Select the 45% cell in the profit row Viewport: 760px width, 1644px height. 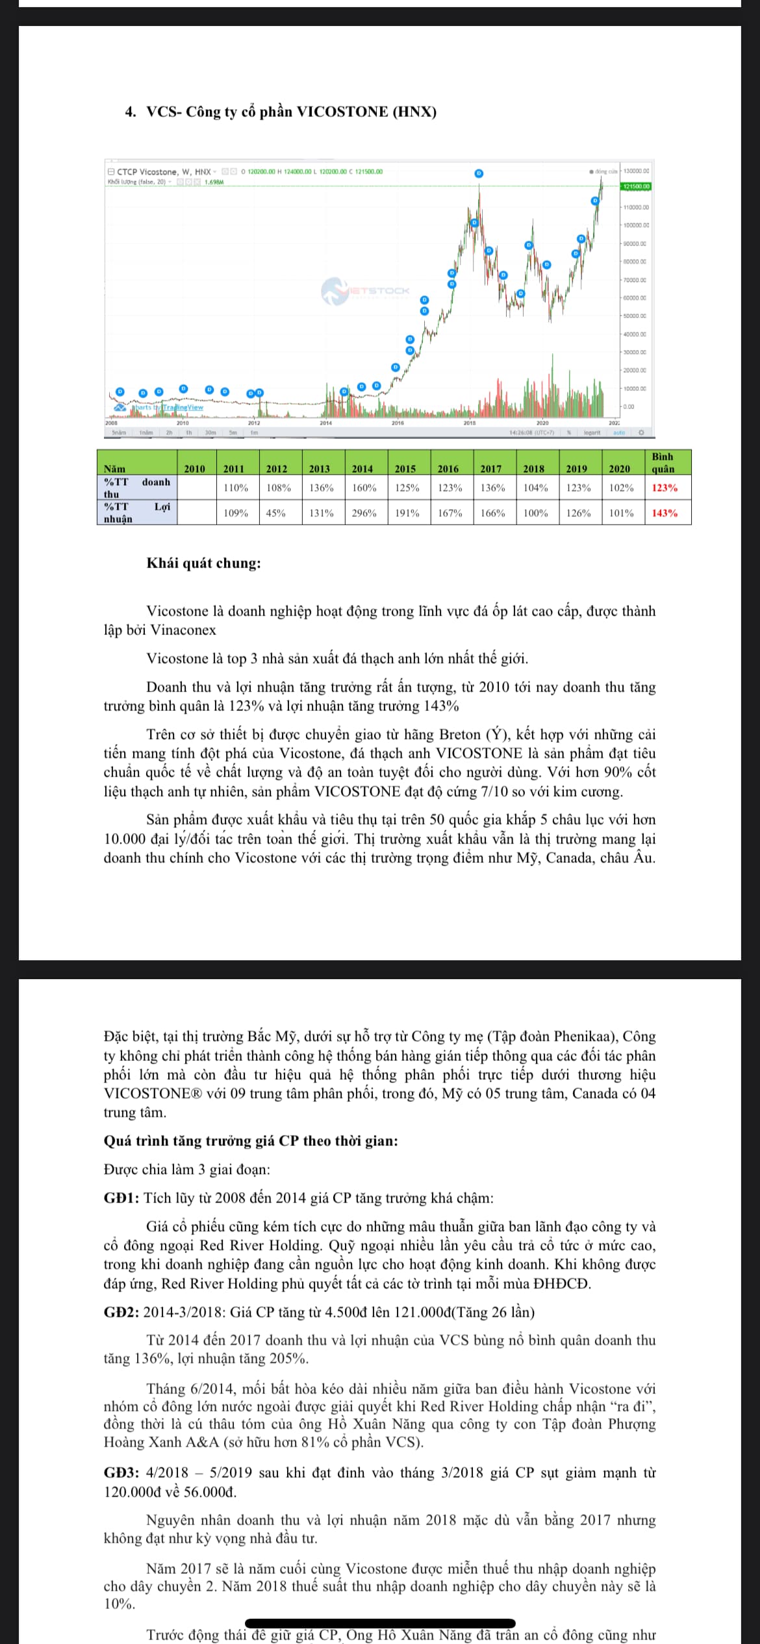pos(276,513)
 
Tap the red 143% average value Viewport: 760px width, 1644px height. pos(665,513)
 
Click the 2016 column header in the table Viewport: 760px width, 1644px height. pos(448,468)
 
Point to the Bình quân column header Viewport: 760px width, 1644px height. pos(663,462)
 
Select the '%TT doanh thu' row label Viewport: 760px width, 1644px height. pos(136,488)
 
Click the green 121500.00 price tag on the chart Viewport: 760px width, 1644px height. pos(636,186)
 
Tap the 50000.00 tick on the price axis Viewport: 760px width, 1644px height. pos(635,316)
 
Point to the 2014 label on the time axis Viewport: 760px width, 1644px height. pos(325,423)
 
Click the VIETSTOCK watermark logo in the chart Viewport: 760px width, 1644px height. pos(366,291)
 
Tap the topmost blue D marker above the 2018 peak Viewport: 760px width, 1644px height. pos(479,173)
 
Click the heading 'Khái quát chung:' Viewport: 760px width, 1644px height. pos(203,563)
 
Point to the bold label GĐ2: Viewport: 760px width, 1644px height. pos(121,1312)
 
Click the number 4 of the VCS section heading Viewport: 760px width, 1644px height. pos(129,112)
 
